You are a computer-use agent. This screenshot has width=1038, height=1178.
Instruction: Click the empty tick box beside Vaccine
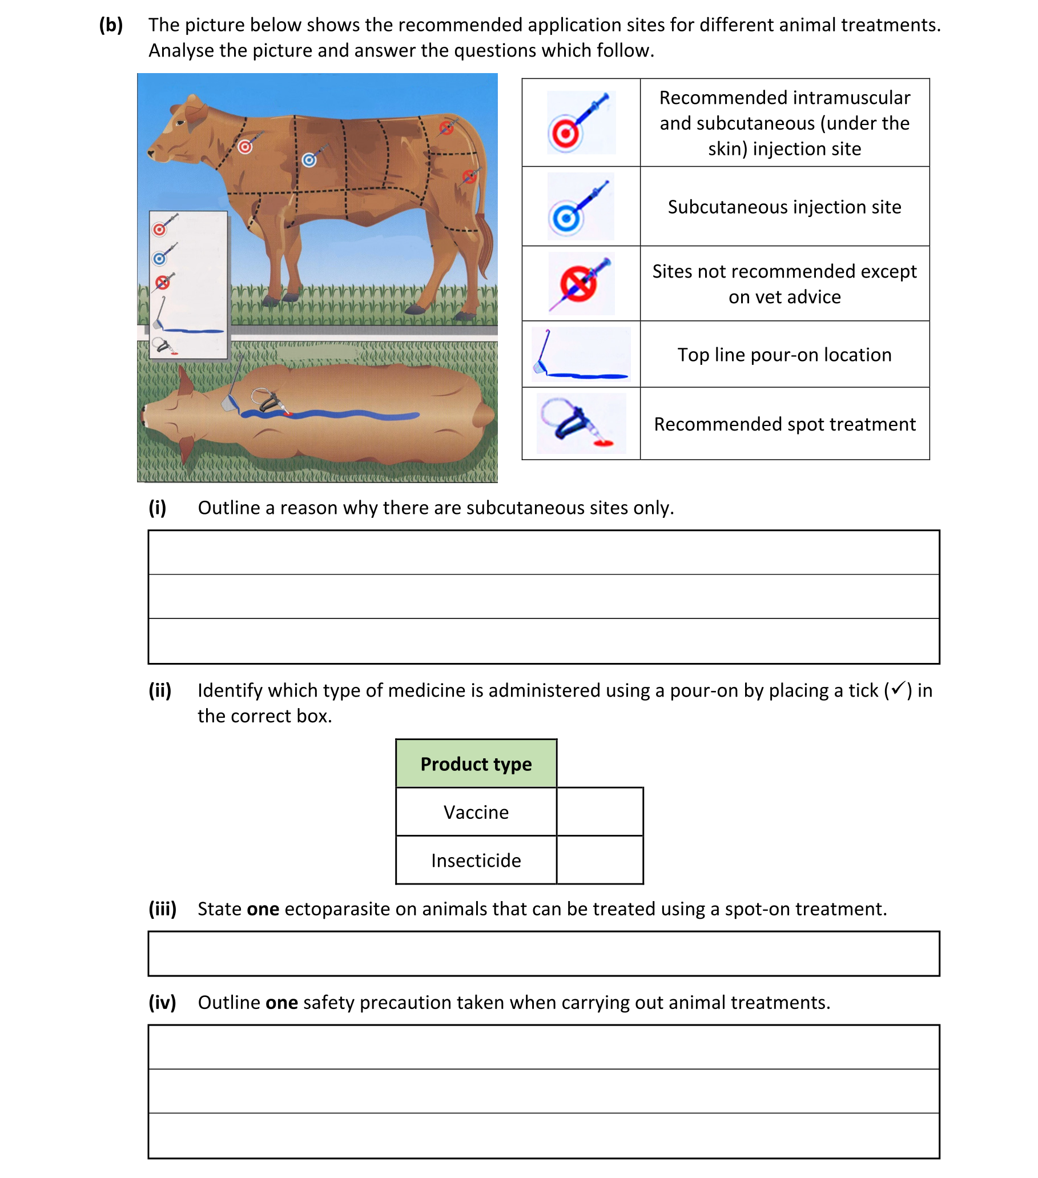click(x=600, y=811)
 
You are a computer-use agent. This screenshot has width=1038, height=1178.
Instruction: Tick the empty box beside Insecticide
click(x=600, y=860)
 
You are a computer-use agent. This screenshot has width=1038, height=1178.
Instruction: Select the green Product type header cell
click(x=476, y=763)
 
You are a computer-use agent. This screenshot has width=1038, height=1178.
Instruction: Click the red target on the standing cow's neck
click(x=245, y=147)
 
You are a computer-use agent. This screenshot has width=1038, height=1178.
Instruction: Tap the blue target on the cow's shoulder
click(x=309, y=160)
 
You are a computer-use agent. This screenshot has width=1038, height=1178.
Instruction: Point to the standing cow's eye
click(x=180, y=123)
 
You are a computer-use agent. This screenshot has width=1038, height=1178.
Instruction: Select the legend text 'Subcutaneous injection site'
click(x=784, y=207)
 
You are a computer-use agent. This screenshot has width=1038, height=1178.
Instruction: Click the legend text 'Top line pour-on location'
click(x=784, y=355)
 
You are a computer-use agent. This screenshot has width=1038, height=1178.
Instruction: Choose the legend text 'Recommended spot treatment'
click(x=784, y=424)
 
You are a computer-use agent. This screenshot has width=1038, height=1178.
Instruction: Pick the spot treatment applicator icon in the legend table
click(x=580, y=424)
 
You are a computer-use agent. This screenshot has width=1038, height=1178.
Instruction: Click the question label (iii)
click(x=162, y=909)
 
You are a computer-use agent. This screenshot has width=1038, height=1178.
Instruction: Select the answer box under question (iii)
click(x=543, y=953)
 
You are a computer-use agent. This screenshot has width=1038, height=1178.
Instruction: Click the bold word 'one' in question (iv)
click(x=281, y=1003)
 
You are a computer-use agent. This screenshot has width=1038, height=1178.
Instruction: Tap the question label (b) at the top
click(x=111, y=25)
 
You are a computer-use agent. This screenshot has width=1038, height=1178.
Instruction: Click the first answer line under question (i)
click(x=543, y=552)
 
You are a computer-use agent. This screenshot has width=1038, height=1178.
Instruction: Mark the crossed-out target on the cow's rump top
click(x=446, y=128)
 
